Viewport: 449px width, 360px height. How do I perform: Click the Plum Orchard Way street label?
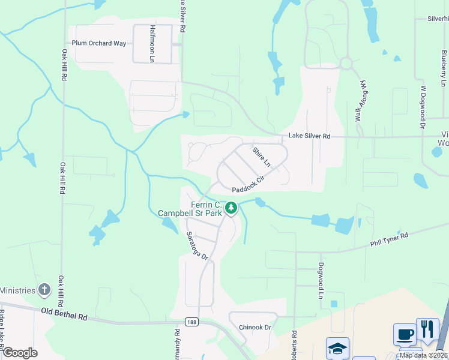[99, 43]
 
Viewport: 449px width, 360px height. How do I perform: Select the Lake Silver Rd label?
[309, 136]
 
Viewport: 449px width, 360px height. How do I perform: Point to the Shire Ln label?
[262, 157]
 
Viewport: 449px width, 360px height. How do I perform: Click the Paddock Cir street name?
[248, 184]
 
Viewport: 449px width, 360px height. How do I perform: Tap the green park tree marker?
[231, 208]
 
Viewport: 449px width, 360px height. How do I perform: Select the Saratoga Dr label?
[196, 246]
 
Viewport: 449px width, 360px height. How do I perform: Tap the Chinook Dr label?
[255, 328]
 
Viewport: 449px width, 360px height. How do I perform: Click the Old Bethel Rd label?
[64, 313]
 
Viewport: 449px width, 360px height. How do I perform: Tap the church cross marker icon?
[44, 290]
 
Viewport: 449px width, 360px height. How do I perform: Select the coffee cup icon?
[405, 334]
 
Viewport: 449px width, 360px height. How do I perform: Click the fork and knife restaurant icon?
[427, 329]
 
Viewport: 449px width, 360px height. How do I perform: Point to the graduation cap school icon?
[337, 348]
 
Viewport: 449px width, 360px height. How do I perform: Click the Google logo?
[20, 353]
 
